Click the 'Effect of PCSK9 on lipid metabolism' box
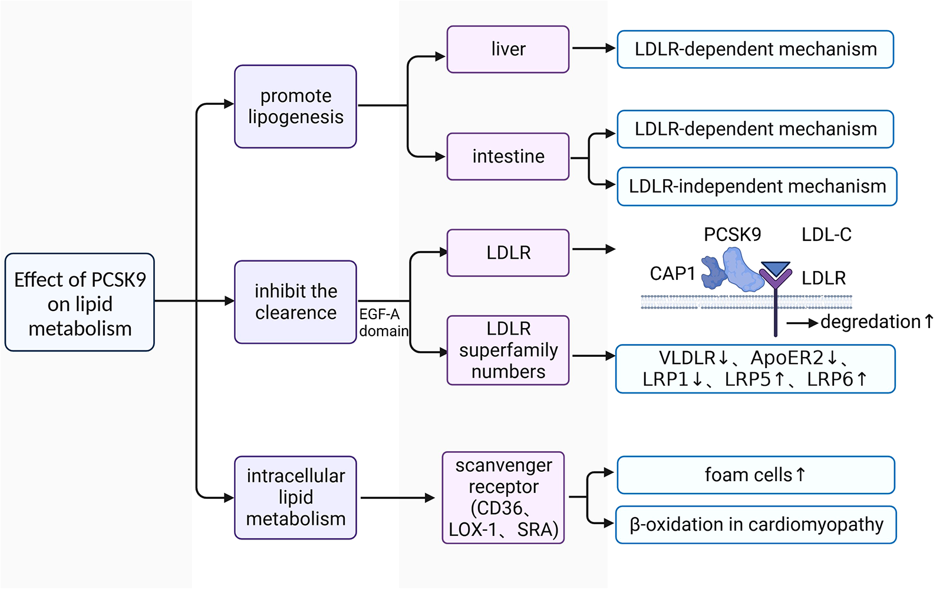[x=80, y=303]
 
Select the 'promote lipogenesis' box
[x=295, y=107]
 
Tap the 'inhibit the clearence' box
[x=295, y=302]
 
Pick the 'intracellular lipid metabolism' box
[x=295, y=498]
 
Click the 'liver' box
[x=508, y=49]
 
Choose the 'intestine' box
[x=508, y=157]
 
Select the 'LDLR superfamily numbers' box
[x=508, y=350]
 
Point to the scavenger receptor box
[x=503, y=498]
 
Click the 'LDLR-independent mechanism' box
[x=757, y=187]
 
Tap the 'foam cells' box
[x=756, y=475]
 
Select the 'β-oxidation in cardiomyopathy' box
[x=756, y=525]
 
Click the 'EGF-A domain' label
[x=383, y=323]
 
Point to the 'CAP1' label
[x=672, y=274]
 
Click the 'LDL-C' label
[x=826, y=235]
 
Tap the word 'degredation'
[x=870, y=322]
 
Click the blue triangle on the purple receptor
[x=776, y=269]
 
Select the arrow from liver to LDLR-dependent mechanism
[x=593, y=49]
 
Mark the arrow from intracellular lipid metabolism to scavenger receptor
[x=398, y=498]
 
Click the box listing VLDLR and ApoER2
[x=755, y=369]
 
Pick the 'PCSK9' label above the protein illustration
[x=732, y=235]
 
